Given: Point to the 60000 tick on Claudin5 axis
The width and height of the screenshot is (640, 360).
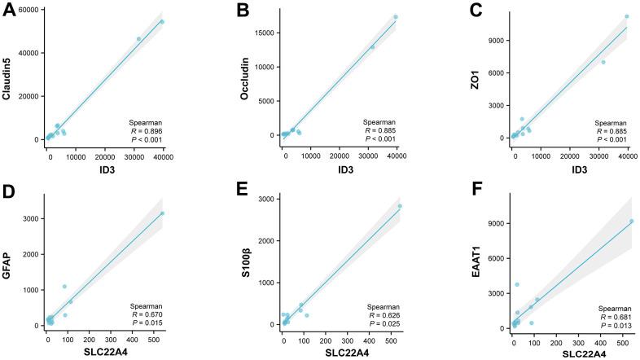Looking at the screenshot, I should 29,10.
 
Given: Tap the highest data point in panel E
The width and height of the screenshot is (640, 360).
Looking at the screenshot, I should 400,206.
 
